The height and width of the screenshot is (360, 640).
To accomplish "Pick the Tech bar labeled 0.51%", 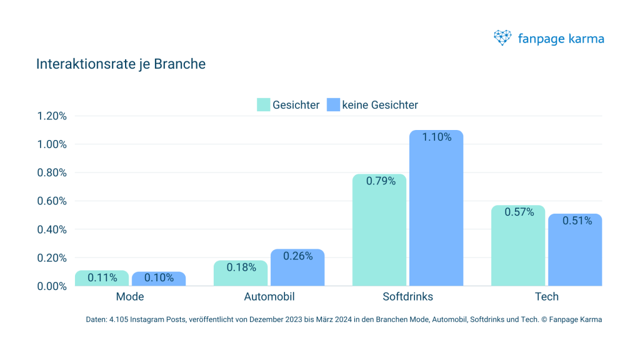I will pyautogui.click(x=575, y=250).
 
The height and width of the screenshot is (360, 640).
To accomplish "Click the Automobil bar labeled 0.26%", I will pyautogui.click(x=297, y=267).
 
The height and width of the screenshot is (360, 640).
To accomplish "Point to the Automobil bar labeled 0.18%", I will pyautogui.click(x=241, y=273).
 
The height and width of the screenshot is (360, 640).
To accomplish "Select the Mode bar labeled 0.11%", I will pyautogui.click(x=102, y=278).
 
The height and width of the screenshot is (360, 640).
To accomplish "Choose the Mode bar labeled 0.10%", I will pyautogui.click(x=159, y=279).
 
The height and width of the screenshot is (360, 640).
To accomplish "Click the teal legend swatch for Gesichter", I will pyautogui.click(x=263, y=104).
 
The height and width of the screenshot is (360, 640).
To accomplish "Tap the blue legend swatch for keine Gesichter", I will pyautogui.click(x=333, y=104).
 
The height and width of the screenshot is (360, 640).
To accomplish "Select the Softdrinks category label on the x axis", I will pyautogui.click(x=407, y=296).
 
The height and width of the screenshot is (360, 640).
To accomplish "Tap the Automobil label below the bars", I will pyautogui.click(x=269, y=296).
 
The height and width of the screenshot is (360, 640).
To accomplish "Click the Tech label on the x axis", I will pyautogui.click(x=546, y=296).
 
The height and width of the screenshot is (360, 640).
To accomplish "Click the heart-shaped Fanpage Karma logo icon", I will pyautogui.click(x=502, y=38).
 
